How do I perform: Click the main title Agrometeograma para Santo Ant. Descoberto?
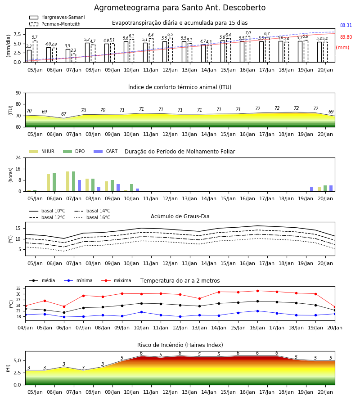click(x=180, y=8)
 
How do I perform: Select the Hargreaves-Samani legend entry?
click(x=57, y=17)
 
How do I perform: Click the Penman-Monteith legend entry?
click(x=55, y=24)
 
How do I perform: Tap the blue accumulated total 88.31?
click(x=346, y=25)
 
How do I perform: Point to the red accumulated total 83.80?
click(x=346, y=37)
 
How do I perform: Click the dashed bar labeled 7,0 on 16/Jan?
click(x=248, y=49)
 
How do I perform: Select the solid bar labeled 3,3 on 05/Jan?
click(x=29, y=56)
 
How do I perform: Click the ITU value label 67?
click(x=64, y=114)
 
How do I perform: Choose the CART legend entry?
click(x=106, y=151)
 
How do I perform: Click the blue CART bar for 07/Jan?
click(x=79, y=186)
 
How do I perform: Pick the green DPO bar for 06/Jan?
click(x=54, y=182)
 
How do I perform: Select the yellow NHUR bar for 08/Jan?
click(x=87, y=185)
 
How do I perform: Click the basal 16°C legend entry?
click(x=92, y=217)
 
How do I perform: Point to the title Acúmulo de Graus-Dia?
click(x=180, y=216)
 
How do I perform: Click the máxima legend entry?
click(x=116, y=280)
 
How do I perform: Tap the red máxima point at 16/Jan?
click(x=257, y=291)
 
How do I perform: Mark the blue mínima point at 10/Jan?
click(x=141, y=312)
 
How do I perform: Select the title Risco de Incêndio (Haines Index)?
click(x=180, y=345)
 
